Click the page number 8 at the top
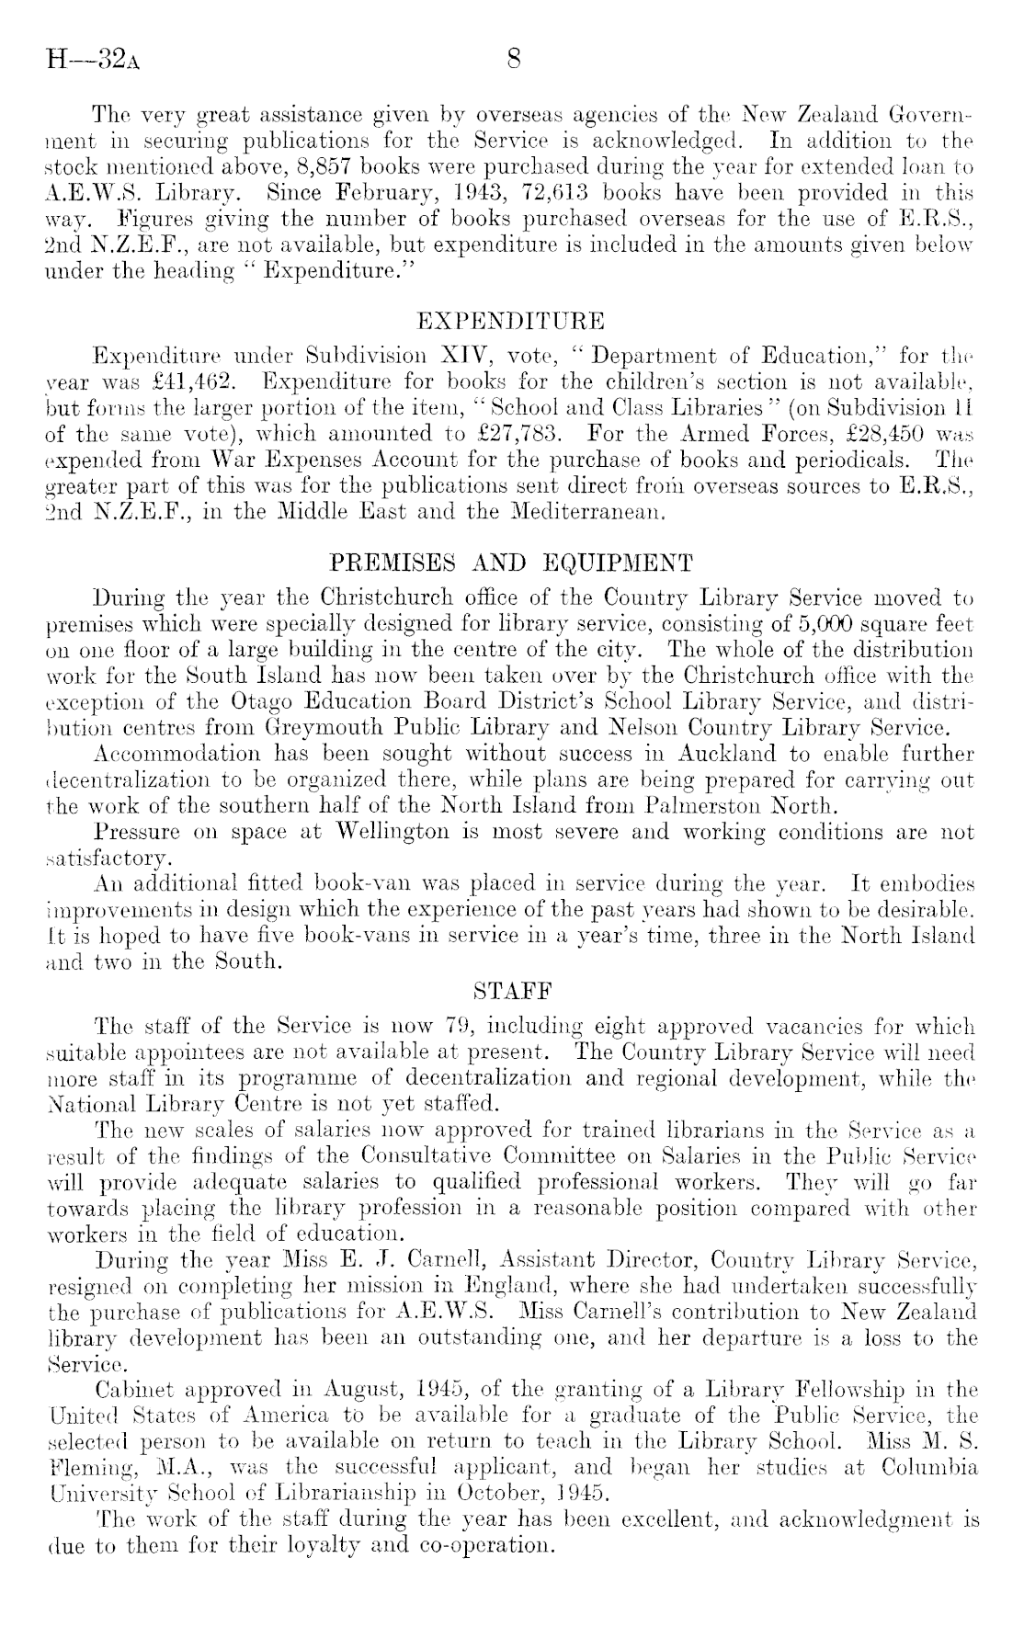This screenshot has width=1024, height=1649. (514, 61)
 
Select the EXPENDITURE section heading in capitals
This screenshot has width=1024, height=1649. (511, 321)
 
